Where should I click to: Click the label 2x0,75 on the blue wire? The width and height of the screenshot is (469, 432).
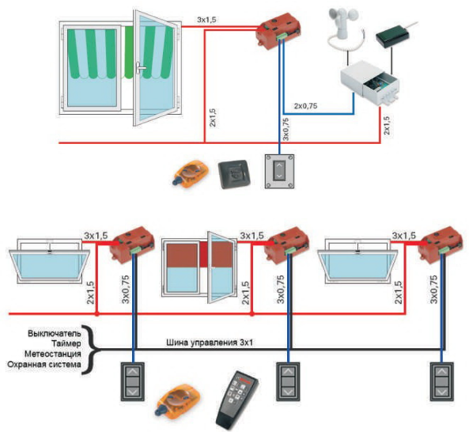click(x=305, y=106)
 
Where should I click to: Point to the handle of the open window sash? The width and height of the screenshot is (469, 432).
click(x=140, y=69)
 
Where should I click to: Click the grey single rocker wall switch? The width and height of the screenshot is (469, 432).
click(x=280, y=172)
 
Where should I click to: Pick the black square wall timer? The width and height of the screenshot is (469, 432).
click(x=233, y=174)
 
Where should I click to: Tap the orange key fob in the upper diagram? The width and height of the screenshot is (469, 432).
click(x=191, y=172)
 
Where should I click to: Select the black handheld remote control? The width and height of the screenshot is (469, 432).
click(x=236, y=400)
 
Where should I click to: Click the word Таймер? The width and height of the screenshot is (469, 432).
click(x=66, y=343)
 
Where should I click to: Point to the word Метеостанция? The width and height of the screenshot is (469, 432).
click(x=53, y=354)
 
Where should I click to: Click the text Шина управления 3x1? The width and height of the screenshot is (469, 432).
click(x=210, y=343)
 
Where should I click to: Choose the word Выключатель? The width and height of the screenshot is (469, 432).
click(x=55, y=333)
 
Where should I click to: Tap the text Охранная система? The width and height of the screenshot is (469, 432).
click(x=44, y=365)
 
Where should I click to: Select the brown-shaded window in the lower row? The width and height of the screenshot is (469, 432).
click(x=199, y=267)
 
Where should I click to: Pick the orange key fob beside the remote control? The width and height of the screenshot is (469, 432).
click(x=178, y=400)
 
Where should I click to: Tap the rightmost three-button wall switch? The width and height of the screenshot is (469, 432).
click(x=441, y=381)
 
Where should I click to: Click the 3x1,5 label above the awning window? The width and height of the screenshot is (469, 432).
click(x=206, y=21)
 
